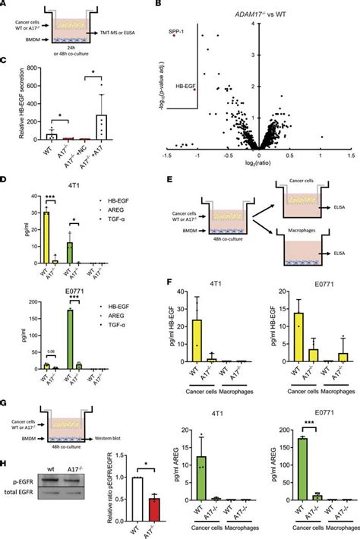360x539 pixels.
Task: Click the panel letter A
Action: [5, 5]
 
